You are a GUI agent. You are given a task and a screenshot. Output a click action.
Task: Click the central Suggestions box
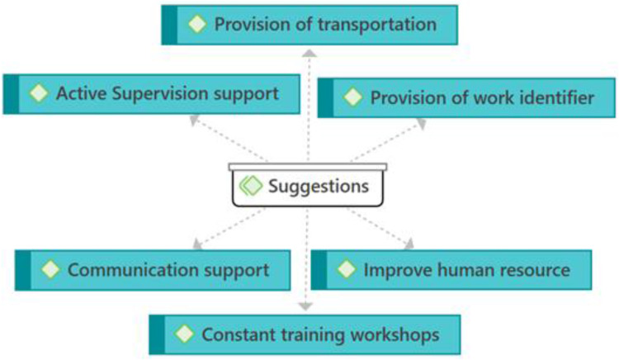pyautogui.click(x=308, y=186)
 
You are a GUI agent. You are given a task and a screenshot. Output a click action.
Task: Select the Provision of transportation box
pyautogui.click(x=309, y=25)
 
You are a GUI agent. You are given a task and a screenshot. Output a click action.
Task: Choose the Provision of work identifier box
pyautogui.click(x=466, y=98)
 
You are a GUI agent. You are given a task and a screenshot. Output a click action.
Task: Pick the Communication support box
pyautogui.click(x=154, y=270)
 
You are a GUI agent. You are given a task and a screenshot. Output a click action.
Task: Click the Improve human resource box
pyautogui.click(x=451, y=270)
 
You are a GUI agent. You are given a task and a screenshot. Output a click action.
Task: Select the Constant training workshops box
pyautogui.click(x=305, y=334)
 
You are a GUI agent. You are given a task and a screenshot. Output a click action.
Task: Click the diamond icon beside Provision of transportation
pyautogui.click(x=197, y=24)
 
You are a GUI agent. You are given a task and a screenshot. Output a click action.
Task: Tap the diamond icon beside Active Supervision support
pyautogui.click(x=39, y=93)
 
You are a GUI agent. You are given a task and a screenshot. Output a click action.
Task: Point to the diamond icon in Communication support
pyautogui.click(x=51, y=270)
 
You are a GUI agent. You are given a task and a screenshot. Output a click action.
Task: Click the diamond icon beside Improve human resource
pyautogui.click(x=347, y=270)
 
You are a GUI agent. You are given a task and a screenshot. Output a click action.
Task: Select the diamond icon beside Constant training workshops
pyautogui.click(x=185, y=334)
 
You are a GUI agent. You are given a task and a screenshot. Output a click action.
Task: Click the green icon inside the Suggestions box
pyautogui.click(x=251, y=186)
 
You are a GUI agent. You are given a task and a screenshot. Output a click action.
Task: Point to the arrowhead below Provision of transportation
pyautogui.click(x=309, y=53)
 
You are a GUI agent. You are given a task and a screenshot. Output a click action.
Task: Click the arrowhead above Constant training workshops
pyautogui.click(x=305, y=306)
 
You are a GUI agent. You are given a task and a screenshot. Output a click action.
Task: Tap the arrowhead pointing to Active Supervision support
pyautogui.click(x=194, y=121)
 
